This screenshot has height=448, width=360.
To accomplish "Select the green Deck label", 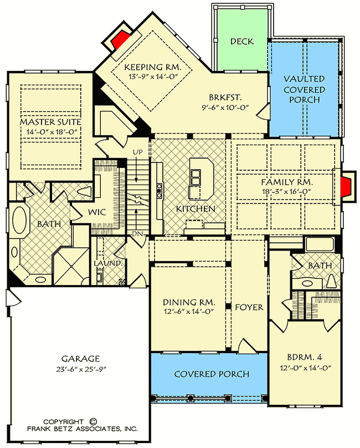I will [241, 41].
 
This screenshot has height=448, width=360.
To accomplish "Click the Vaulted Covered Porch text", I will [305, 89].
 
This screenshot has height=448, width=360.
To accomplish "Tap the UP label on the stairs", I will [138, 151].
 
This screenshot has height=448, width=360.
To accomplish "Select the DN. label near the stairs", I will [138, 235].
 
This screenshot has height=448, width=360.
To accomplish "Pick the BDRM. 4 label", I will [303, 358].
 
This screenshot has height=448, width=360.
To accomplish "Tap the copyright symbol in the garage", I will [92, 421].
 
